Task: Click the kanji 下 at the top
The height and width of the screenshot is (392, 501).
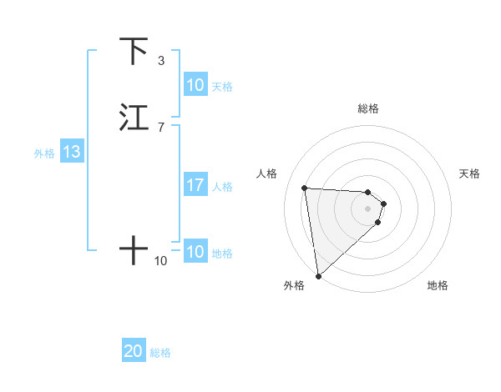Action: [x=134, y=52]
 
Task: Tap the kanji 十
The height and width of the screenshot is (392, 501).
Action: [x=134, y=249]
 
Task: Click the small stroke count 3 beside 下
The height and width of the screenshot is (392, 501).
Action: [x=160, y=61]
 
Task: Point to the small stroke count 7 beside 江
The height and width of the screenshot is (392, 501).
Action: [x=160, y=127]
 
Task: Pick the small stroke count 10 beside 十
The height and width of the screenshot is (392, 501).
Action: [x=160, y=261]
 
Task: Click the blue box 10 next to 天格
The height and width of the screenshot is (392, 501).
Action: [x=195, y=85]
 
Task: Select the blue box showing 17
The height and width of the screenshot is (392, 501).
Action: [x=195, y=185]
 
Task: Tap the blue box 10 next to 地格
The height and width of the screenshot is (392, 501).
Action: [x=195, y=252]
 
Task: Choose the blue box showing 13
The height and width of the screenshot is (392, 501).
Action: [x=71, y=153]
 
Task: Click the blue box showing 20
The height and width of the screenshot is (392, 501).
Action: [x=133, y=352]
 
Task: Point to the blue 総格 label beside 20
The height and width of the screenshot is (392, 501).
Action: [x=160, y=353]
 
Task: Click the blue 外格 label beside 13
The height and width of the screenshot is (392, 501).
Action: [x=44, y=153]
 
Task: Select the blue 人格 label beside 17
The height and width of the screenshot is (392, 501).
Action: [x=223, y=186]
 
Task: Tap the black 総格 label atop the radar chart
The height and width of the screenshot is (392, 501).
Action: [x=368, y=108]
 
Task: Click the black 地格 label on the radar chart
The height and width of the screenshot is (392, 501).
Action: [x=438, y=285]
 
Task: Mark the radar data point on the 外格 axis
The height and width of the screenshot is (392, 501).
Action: [x=317, y=276]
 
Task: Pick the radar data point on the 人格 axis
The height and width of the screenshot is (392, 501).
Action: [x=305, y=188]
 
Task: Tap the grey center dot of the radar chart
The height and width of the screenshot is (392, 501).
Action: [x=368, y=209]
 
